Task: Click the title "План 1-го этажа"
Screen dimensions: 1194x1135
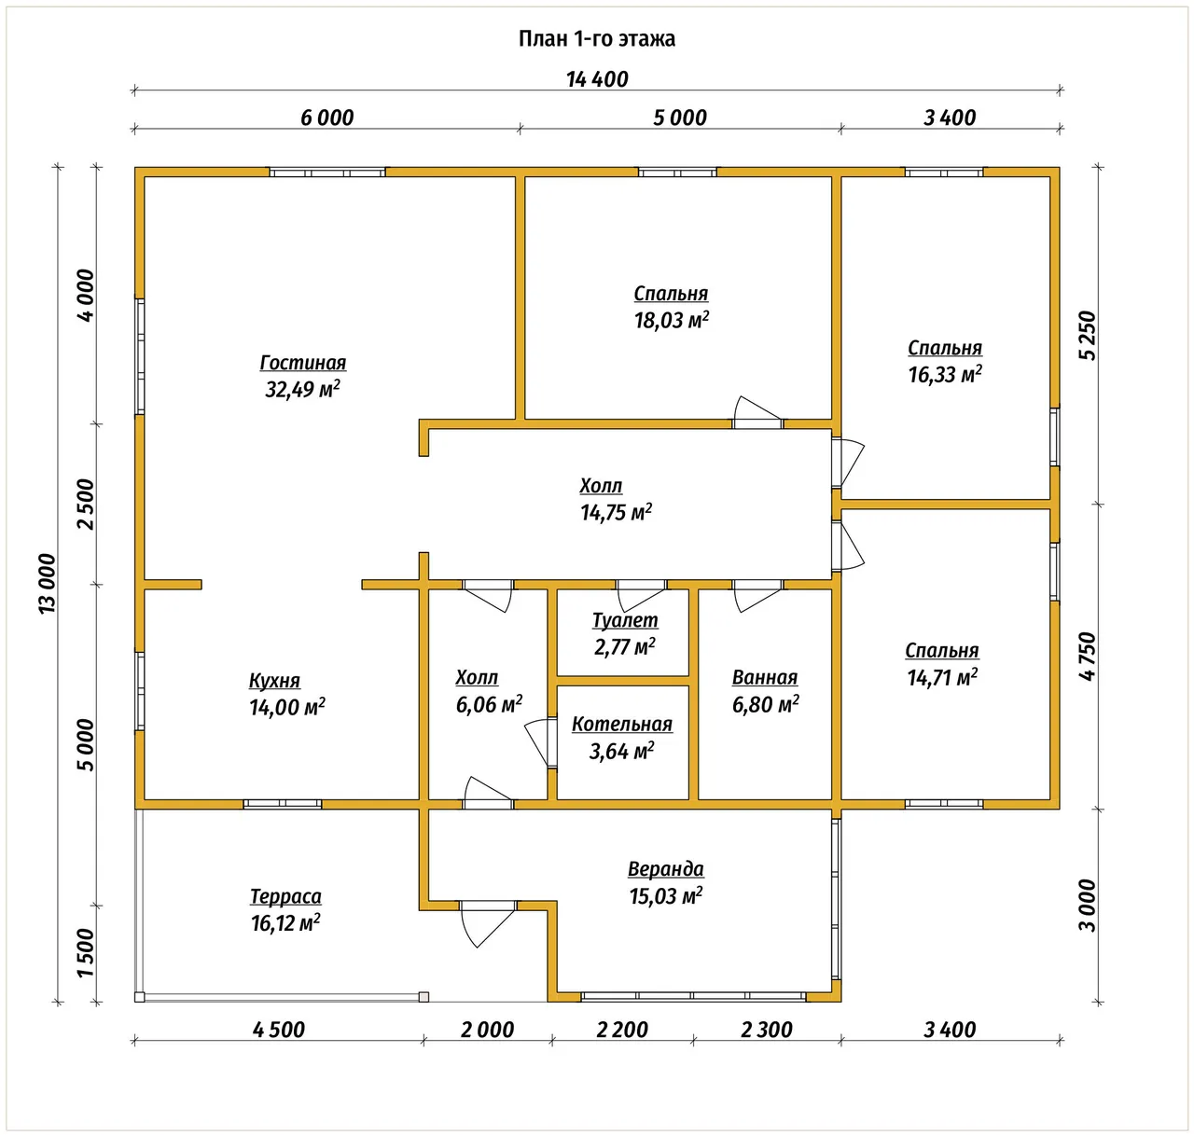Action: tap(596, 39)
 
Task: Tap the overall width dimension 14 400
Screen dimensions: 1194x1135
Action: tap(597, 79)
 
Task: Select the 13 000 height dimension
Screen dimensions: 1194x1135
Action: tap(48, 584)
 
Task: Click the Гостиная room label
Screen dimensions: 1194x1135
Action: tap(303, 363)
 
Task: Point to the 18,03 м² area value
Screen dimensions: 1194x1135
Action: tap(672, 320)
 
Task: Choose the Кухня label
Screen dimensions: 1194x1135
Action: tap(274, 681)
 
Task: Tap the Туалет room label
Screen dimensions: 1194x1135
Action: tap(625, 620)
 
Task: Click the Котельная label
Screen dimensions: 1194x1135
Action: tap(622, 724)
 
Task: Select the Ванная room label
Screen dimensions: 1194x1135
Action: tap(765, 677)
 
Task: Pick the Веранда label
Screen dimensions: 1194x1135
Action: tap(666, 869)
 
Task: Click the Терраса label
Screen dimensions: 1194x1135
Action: tap(285, 896)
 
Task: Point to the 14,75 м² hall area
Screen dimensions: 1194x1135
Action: tap(616, 513)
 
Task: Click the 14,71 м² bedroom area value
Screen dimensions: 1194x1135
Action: tap(942, 677)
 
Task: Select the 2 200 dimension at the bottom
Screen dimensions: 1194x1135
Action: tap(622, 1030)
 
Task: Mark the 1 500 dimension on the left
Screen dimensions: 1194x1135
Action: tap(86, 953)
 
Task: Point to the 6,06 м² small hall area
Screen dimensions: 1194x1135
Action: tap(489, 704)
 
